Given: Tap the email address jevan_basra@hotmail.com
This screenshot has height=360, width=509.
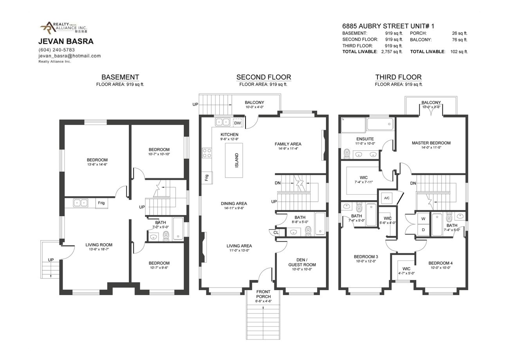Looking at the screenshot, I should tap(69, 56).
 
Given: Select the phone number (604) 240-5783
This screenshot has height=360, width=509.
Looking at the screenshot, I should tap(56, 50).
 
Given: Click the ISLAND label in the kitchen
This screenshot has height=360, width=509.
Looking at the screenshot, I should tap(236, 160).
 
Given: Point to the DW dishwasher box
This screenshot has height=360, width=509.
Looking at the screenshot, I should tap(237, 123).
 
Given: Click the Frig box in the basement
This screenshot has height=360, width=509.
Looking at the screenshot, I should tap(101, 203).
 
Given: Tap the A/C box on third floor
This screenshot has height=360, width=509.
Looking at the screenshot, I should tap(386, 198).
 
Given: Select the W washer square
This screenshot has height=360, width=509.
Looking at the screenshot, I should tap(423, 219).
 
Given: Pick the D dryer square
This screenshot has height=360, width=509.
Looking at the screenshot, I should tap(423, 230).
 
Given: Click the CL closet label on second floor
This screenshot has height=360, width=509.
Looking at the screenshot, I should tap(276, 232).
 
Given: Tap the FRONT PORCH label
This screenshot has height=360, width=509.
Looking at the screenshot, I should tap(264, 294).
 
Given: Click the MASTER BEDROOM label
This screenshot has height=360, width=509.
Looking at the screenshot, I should tap(431, 143).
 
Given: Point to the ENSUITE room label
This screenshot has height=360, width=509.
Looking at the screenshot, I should tap(365, 139).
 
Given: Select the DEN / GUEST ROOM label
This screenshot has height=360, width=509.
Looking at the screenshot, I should tap(302, 262).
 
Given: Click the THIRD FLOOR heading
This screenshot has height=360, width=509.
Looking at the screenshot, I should tap(398, 77).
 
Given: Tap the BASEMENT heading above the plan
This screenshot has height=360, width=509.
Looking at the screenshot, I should tap(120, 77).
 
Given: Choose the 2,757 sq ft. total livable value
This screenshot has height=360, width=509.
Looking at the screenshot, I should tap(392, 52).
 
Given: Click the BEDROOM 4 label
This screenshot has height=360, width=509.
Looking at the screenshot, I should tap(440, 263).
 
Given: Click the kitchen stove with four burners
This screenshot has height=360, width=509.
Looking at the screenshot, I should tap(207, 153).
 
